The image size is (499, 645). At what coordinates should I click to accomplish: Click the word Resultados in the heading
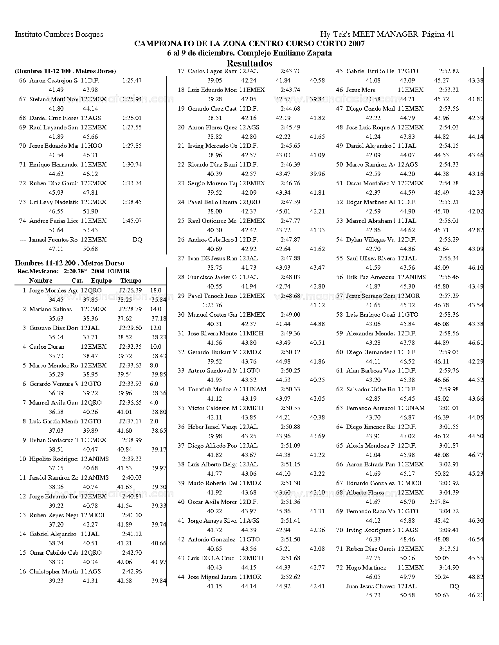(x=249, y=63)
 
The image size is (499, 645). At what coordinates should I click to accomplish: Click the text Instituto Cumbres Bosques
(x=59, y=34)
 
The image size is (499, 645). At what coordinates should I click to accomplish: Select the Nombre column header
(x=41, y=281)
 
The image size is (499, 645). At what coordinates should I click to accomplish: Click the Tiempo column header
(x=131, y=281)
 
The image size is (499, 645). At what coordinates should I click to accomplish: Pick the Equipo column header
(x=101, y=281)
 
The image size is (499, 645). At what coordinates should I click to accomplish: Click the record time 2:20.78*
(x=75, y=271)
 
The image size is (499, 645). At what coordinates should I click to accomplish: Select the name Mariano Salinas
(x=50, y=309)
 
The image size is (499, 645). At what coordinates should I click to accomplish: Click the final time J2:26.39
(x=130, y=290)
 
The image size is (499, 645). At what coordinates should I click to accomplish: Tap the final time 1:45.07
(x=132, y=221)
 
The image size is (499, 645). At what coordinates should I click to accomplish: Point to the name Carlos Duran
(x=47, y=347)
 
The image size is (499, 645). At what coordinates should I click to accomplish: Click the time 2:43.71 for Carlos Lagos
(x=290, y=71)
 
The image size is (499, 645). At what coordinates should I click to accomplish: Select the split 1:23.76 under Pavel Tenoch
(x=212, y=305)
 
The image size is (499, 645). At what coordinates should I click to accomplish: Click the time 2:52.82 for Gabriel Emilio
(x=449, y=71)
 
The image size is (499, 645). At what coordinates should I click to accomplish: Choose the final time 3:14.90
(x=449, y=568)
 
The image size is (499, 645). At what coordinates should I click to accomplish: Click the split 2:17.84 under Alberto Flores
(x=439, y=502)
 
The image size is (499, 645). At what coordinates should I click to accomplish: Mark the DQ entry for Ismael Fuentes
(x=137, y=240)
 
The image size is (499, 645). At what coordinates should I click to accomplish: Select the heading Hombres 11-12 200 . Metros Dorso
(x=69, y=263)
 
